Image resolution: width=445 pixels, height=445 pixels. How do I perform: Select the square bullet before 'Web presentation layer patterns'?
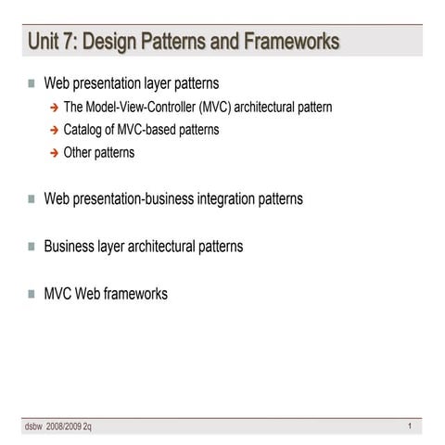32,83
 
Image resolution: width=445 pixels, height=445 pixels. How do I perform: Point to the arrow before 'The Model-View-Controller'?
54,108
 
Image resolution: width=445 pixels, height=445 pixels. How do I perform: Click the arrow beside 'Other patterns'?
54,153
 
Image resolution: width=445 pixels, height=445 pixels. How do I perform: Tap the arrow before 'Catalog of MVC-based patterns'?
54,131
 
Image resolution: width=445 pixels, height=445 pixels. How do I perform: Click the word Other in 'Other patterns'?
79,152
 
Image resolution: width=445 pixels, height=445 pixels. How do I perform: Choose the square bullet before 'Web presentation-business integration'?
32,199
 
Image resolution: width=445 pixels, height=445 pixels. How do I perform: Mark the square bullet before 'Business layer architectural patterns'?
32,248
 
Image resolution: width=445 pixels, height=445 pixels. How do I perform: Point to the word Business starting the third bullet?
72,247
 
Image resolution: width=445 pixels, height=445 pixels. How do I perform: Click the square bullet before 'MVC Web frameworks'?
32,295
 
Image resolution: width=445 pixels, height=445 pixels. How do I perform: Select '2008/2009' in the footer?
64,426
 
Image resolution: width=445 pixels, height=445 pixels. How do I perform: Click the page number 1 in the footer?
409,426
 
